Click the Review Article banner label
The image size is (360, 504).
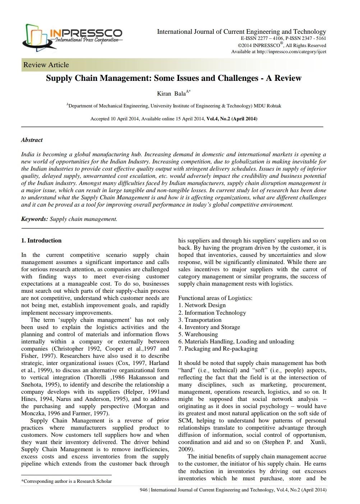coord(46,65)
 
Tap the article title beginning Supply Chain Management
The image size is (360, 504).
coord(174,78)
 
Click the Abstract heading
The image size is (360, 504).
coord(32,140)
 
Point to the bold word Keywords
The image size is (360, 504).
coord(34,219)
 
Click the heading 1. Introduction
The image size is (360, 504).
coord(41,241)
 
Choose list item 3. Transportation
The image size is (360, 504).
coord(200,320)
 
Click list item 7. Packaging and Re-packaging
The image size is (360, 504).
coord(218,348)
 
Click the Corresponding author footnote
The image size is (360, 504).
coord(66,481)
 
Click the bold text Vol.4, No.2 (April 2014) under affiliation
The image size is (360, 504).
coord(232,119)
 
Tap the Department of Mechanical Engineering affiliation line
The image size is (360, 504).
coord(174,106)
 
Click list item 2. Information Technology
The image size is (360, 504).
coord(212,313)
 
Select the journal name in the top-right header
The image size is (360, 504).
coord(241,32)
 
